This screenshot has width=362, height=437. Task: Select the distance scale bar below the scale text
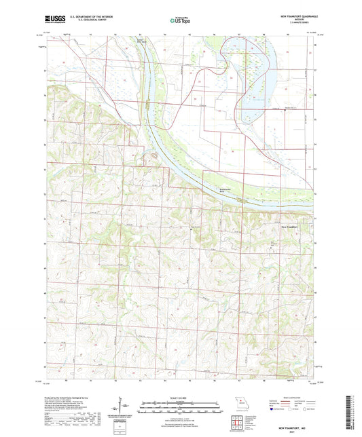click(181, 406)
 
